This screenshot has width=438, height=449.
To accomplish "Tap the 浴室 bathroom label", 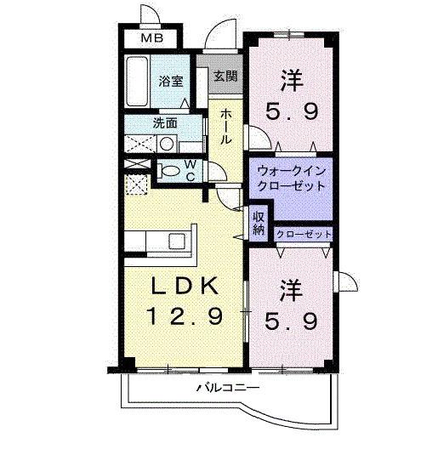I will pyautogui.click(x=171, y=82).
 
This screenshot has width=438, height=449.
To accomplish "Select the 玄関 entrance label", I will pyautogui.click(x=225, y=76).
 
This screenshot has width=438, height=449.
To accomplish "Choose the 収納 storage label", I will pyautogui.click(x=259, y=222).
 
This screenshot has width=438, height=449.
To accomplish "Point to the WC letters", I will pyautogui.click(x=191, y=169).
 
